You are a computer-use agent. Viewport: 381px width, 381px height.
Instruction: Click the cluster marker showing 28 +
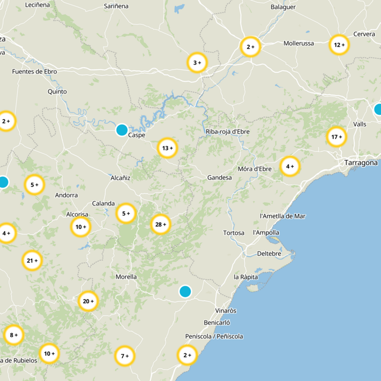point(160,224)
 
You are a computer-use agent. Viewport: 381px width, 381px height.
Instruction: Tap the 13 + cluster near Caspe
point(167,148)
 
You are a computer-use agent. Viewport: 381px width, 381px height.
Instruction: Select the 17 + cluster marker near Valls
point(336,137)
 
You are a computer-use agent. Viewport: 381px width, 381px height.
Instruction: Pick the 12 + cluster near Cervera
point(339,45)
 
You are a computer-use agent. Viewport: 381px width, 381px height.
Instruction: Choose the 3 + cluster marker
point(197,63)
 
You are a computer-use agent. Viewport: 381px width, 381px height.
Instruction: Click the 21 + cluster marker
point(32,261)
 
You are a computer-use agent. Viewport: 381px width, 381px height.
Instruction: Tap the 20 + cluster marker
point(88,301)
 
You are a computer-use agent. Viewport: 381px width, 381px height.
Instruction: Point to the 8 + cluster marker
point(13,335)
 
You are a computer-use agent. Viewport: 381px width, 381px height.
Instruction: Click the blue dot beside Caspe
point(122,130)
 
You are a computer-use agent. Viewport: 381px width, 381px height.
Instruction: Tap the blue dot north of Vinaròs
point(185,291)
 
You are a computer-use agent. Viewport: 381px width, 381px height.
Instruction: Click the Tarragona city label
point(361,163)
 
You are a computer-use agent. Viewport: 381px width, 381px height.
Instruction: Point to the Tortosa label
point(233,233)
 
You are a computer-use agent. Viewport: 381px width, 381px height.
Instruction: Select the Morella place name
point(126,277)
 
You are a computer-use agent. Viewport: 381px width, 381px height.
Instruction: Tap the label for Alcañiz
point(120,178)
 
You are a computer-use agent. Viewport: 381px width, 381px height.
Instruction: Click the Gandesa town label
point(220,178)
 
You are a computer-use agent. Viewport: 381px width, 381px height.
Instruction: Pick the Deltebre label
point(269,253)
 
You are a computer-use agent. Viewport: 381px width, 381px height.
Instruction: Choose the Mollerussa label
point(299,43)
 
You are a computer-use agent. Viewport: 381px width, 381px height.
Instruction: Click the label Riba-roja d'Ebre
point(228,132)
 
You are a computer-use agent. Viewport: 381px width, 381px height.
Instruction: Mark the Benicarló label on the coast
point(217,322)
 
